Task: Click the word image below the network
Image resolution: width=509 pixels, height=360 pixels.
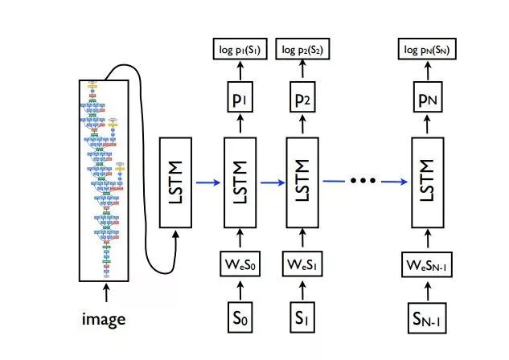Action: [x=104, y=319]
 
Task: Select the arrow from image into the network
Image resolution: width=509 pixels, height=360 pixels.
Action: [x=104, y=295]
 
